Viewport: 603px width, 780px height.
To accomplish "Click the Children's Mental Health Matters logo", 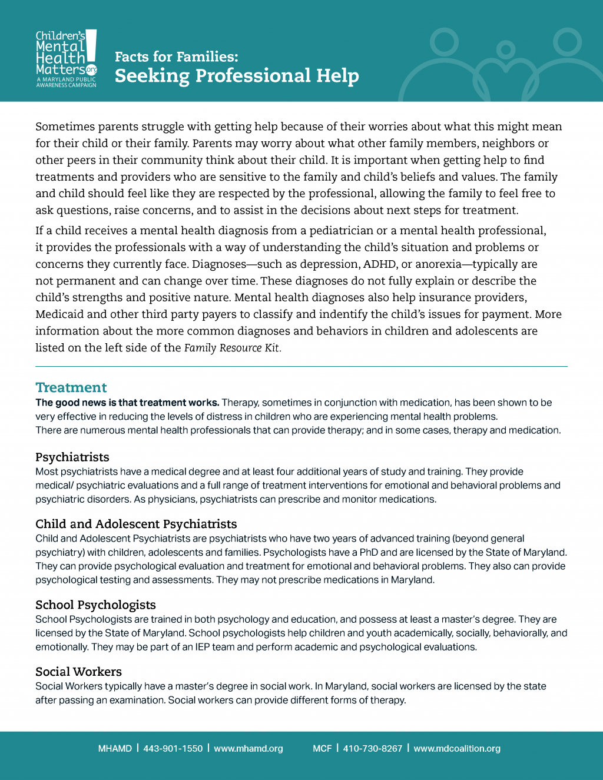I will (66, 58).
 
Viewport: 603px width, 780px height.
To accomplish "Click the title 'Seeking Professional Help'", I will (236, 76).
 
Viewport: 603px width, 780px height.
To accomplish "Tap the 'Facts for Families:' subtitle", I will (176, 57).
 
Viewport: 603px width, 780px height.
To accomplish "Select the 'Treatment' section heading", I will (71, 387).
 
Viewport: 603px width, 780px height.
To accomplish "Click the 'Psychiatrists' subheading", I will (72, 457).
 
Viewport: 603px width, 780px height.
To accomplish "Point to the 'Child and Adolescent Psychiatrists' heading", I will (135, 524).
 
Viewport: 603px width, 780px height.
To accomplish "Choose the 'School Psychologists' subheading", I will (95, 605).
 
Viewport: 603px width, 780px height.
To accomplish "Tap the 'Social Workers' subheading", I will (78, 672).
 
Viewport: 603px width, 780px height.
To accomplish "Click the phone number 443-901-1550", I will (173, 749).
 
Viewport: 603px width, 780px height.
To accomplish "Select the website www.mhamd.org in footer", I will (248, 749).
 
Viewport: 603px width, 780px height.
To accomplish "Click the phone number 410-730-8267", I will (372, 749).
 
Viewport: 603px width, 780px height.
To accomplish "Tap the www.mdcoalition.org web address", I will (456, 749).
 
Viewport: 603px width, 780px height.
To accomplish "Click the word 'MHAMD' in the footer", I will (115, 749).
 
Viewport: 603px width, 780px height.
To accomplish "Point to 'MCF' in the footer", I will (322, 749).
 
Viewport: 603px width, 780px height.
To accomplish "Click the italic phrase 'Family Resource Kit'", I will (231, 348).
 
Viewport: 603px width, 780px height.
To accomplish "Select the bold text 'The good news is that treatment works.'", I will (127, 403).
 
